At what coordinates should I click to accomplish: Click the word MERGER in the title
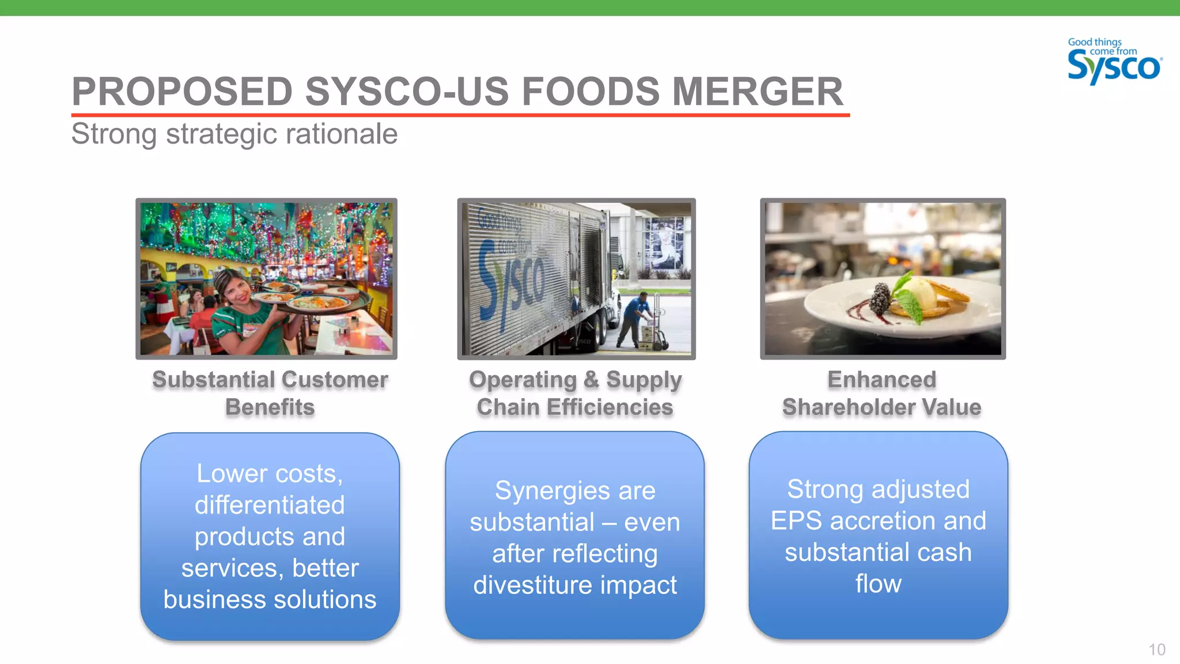(x=757, y=92)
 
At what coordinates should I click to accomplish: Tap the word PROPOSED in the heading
(x=182, y=92)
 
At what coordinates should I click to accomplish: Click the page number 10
(x=1156, y=650)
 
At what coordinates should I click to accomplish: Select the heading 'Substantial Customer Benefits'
(x=270, y=393)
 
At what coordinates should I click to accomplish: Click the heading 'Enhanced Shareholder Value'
(x=882, y=393)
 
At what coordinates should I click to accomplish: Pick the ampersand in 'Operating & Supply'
(x=591, y=380)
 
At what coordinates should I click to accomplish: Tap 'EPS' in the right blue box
(x=796, y=521)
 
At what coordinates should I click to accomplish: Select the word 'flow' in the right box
(x=878, y=584)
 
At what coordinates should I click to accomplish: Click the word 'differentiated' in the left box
(x=270, y=505)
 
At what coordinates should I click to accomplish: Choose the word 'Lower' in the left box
(x=224, y=474)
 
